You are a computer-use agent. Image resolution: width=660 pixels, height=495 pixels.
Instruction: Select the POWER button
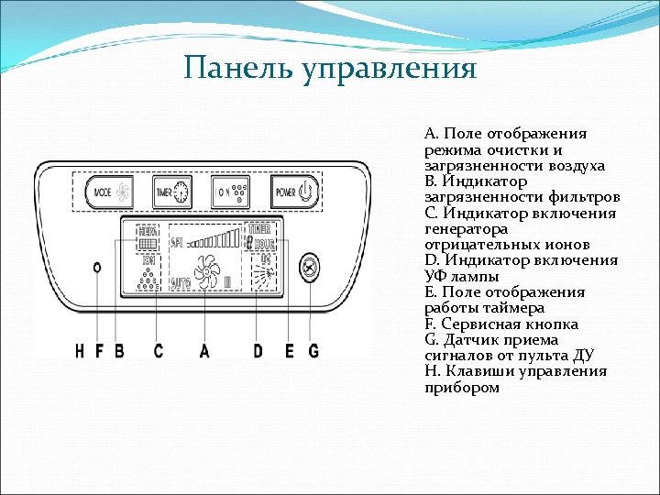pos(294,192)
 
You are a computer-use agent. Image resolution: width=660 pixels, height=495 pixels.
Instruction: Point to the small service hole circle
pos(97,267)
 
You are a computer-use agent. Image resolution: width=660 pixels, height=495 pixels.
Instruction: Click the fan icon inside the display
pos(206,271)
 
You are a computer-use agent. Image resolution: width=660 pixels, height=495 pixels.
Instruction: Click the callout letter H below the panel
pos(80,350)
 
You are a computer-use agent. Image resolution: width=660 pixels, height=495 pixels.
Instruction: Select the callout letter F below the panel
pos(98,350)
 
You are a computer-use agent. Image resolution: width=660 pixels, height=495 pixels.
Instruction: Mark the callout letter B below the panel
pos(118,350)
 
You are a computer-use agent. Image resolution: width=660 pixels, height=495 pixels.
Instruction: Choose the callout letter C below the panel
pos(159,350)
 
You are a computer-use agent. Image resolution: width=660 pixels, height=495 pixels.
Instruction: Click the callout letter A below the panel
pos(204,350)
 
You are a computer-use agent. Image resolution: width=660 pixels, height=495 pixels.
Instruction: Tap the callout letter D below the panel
pos(258,350)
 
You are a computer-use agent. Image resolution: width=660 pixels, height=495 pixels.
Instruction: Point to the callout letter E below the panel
pos(290,350)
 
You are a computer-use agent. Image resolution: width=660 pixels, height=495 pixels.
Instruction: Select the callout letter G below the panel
pos(313,350)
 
